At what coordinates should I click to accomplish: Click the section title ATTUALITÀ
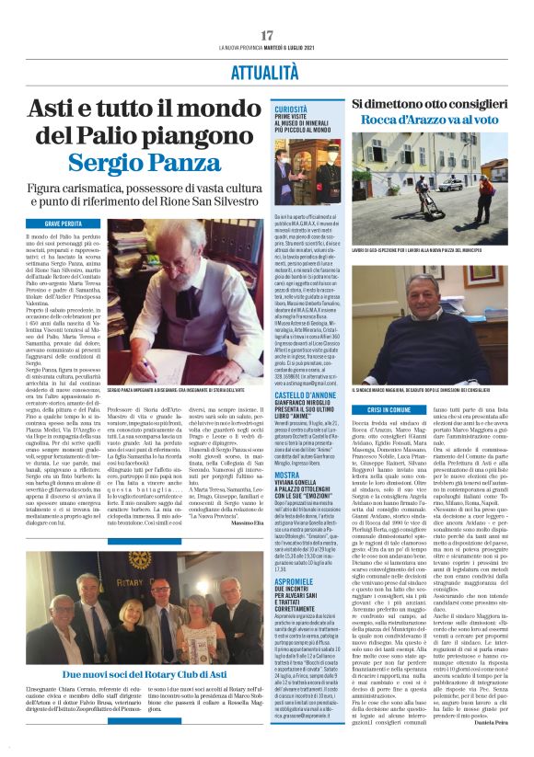[x=267, y=71]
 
